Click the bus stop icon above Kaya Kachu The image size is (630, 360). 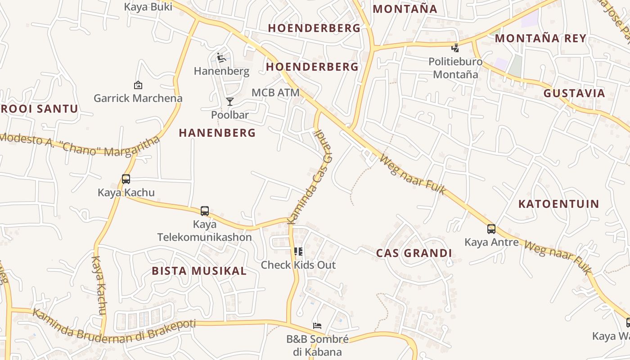coord(126,179)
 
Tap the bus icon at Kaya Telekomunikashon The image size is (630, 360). coord(205,211)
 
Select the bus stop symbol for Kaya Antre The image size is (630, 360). coord(491,229)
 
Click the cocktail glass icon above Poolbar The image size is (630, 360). coord(230,102)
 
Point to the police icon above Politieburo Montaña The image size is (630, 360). coord(455,48)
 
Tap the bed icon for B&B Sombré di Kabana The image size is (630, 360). coord(317,326)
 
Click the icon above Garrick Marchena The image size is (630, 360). coord(138,85)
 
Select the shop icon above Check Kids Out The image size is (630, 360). coord(298,251)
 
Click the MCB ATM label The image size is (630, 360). coord(275,93)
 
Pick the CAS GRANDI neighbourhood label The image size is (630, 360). coord(414,253)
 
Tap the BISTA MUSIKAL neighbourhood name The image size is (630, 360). coord(199,271)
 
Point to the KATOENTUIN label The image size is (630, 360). coord(558,204)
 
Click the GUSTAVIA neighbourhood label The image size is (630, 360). coord(574,94)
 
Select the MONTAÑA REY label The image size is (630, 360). coord(540,38)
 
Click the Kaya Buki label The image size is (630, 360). coord(148,7)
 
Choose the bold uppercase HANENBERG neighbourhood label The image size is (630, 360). coord(217,133)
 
